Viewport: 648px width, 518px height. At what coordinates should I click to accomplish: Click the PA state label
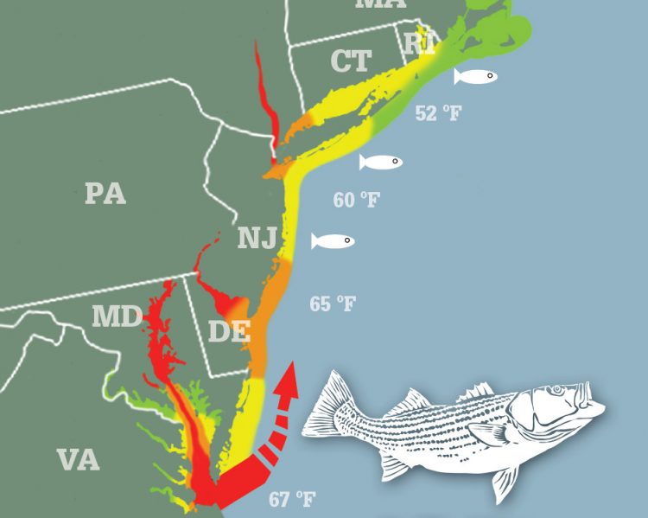tap(105, 193)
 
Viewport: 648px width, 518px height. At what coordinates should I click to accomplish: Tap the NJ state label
tap(257, 237)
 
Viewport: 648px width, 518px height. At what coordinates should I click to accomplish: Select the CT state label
tap(351, 61)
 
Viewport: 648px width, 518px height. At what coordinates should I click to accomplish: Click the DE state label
tap(229, 330)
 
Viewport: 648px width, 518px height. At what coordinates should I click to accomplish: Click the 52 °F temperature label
tap(437, 113)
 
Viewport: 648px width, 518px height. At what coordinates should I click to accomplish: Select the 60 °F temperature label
tap(356, 200)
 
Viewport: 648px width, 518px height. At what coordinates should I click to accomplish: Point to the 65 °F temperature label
tap(333, 304)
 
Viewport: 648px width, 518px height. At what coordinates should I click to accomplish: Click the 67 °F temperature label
tap(291, 499)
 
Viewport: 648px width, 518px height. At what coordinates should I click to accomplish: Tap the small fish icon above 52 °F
tap(476, 76)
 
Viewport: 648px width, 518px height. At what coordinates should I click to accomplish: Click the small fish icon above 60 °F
tap(381, 162)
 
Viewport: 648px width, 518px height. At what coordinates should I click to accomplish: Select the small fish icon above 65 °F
tap(333, 240)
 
